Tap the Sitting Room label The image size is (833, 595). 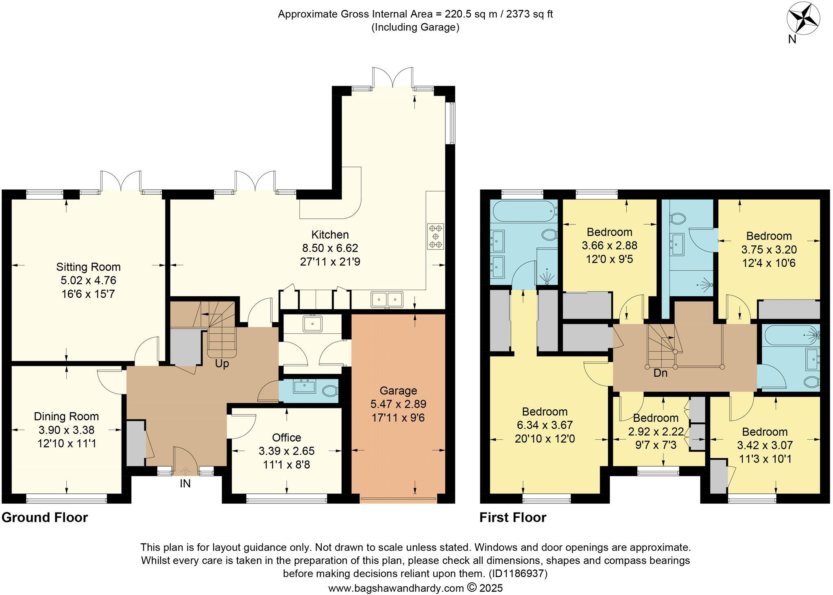coord(88,267)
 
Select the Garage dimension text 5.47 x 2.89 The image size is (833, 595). coord(398,404)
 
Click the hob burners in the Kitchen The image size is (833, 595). coord(436,236)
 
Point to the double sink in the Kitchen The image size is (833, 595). coord(386,300)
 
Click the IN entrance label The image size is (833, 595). coord(185,484)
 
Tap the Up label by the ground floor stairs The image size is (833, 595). coord(222,364)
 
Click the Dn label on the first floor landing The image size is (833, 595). coord(660,373)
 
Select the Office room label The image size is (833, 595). coord(286,438)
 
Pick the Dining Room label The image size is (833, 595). coord(66,416)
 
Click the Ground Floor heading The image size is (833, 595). coord(45,518)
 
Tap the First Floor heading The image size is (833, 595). coord(512,518)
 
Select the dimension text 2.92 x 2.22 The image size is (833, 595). coord(655,432)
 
